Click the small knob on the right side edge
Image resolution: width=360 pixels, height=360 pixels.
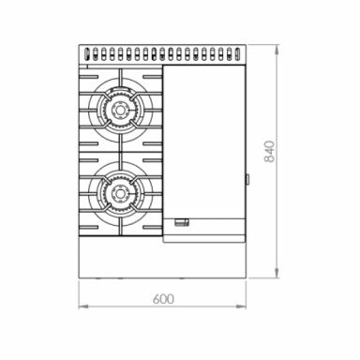pos(247,177)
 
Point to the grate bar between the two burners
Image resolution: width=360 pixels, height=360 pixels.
pos(121,152)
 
